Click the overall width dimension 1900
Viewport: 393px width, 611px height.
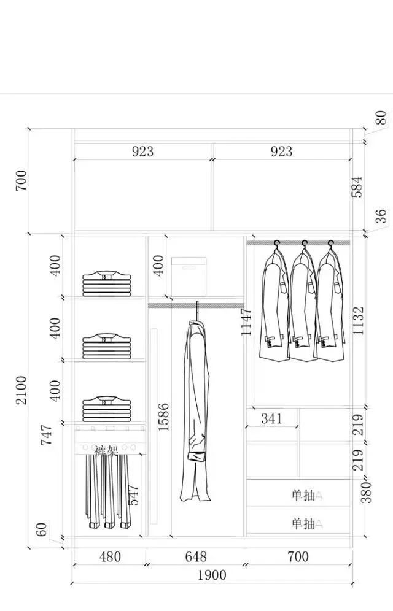point(212,575)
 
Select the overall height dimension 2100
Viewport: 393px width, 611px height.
point(21,390)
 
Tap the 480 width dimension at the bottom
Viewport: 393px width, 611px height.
point(110,557)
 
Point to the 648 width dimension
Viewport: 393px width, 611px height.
point(195,557)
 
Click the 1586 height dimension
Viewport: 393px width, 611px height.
point(163,417)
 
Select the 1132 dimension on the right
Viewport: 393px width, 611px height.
point(358,320)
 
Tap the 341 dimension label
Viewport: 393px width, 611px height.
point(271,418)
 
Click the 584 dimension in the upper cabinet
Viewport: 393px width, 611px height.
point(357,186)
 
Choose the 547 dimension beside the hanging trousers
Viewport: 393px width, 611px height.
point(133,494)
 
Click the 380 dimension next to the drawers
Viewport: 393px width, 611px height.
point(367,492)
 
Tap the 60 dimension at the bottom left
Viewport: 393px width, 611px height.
point(41,529)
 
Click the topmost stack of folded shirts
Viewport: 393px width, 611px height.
point(108,283)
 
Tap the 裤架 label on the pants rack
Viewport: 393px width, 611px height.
point(106,451)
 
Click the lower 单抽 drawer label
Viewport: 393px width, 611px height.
point(303,523)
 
